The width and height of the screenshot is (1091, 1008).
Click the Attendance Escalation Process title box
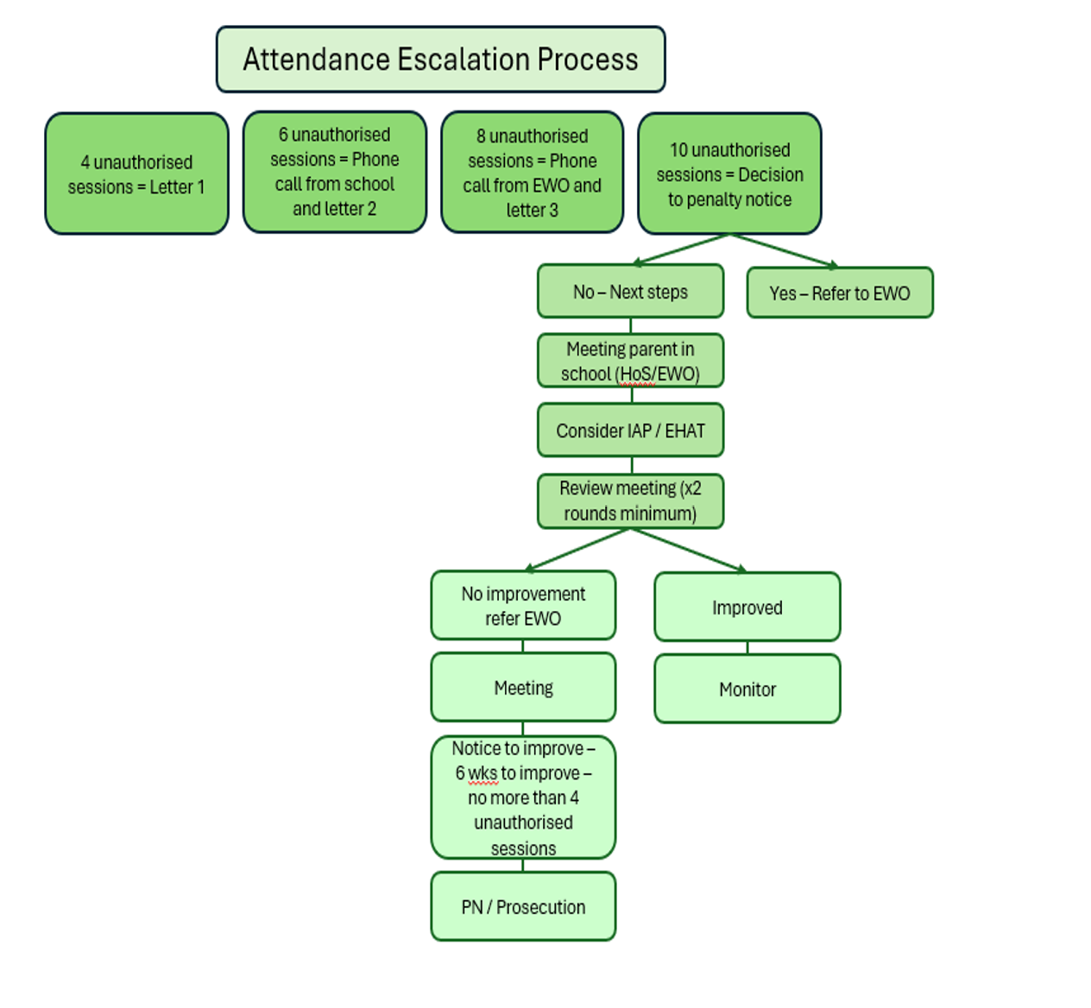440,59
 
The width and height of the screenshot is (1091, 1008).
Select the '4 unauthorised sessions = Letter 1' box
136,173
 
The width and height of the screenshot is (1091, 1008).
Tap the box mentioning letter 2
335,172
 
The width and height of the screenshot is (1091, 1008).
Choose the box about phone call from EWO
532,172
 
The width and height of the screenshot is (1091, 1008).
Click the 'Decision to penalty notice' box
729,173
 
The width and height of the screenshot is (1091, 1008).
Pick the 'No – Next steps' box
630,291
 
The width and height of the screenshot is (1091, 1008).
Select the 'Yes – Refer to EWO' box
840,293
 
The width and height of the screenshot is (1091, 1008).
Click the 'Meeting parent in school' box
630,361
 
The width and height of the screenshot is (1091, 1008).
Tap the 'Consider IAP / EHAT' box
630,430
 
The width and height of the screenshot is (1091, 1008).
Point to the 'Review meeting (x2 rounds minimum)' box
630,501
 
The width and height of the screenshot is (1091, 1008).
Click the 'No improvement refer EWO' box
523,605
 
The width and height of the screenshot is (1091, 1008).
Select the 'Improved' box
747,607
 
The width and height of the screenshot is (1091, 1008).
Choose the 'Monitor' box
747,689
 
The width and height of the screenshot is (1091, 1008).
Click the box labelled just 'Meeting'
523,687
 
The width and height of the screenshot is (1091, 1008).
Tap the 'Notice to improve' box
523,797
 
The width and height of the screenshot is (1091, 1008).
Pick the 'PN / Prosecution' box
523,907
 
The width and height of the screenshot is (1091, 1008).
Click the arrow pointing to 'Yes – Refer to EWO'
784,250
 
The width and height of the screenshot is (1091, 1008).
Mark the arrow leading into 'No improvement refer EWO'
577,550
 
